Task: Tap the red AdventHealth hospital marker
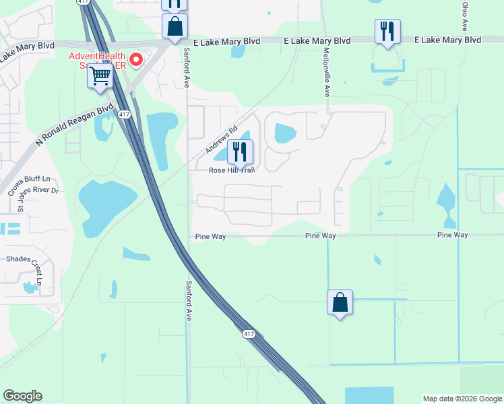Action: pos(135,61)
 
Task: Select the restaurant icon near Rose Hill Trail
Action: pos(241,152)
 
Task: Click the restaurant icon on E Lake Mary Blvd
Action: pos(387,32)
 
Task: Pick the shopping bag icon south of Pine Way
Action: pos(340,302)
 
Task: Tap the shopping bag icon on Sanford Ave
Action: pos(175,28)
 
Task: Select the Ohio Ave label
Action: pos(465,16)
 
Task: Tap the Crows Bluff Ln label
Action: pos(29,179)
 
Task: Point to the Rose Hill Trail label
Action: pos(231,170)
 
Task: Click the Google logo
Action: pos(22,396)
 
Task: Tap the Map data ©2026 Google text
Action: pos(462,399)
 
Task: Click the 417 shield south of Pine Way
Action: pos(249,334)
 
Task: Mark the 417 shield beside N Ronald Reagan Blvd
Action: pos(124,115)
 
